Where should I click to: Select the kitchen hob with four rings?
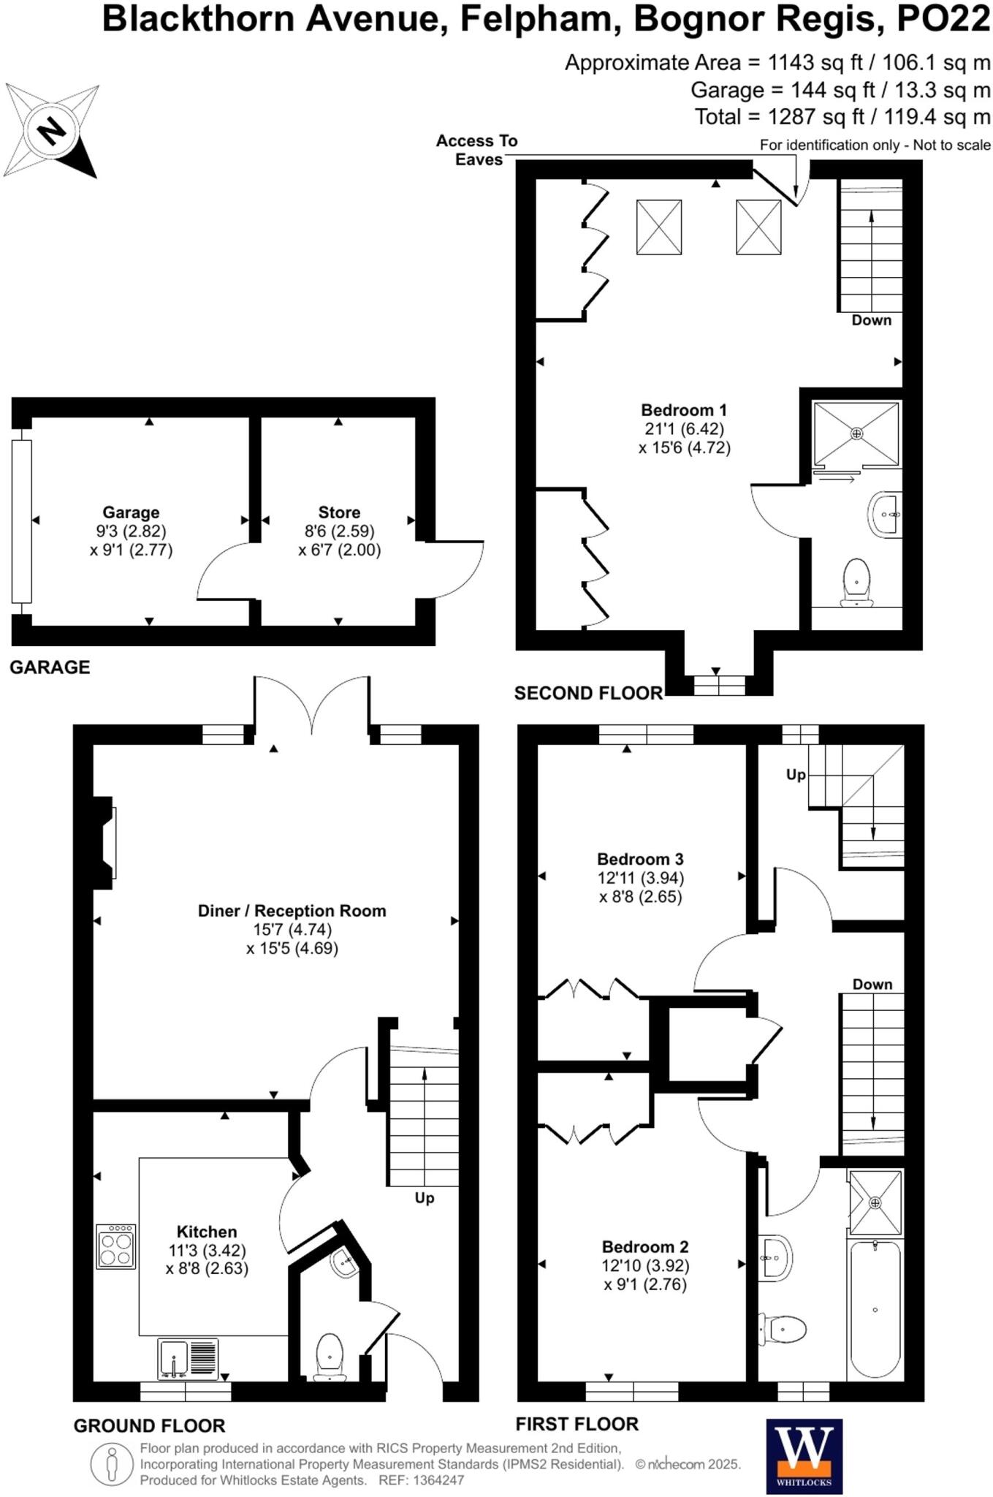point(115,1246)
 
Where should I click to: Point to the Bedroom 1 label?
point(684,410)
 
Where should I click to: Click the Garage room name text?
point(131,512)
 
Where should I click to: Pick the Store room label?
point(339,512)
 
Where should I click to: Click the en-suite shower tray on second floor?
point(856,433)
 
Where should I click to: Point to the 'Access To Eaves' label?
point(477,150)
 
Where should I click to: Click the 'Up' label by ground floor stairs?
point(425,1197)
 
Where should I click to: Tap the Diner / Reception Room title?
point(292,911)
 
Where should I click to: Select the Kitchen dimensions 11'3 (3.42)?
point(207,1251)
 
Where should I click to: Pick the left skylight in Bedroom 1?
point(659,227)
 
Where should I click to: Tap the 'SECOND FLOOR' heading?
point(588,693)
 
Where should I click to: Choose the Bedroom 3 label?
point(640,859)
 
